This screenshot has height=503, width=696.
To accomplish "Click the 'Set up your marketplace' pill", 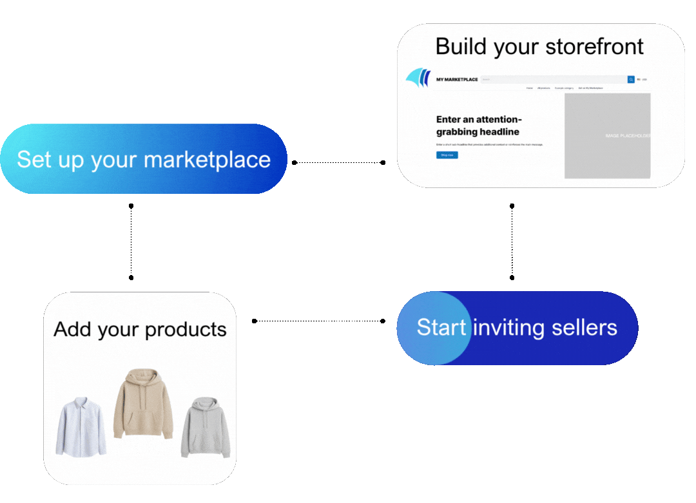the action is (143, 159).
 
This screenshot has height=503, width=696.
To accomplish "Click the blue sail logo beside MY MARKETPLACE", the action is (418, 77).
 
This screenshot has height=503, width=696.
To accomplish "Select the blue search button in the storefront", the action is (631, 79).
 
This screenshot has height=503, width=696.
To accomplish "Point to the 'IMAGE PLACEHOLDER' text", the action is (627, 136).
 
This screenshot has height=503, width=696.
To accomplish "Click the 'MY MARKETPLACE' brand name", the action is (457, 80).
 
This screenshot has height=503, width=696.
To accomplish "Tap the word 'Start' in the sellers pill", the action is (441, 327).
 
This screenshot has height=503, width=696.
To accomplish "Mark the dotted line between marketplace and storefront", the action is (339, 162).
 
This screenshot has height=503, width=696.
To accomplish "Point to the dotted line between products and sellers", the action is (319, 321).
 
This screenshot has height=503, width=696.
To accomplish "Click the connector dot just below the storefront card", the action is (512, 206).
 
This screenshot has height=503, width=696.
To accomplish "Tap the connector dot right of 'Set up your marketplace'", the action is (295, 162).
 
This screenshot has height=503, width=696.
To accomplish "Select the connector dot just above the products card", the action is (131, 278).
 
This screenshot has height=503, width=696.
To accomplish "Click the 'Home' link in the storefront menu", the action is (529, 88).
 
